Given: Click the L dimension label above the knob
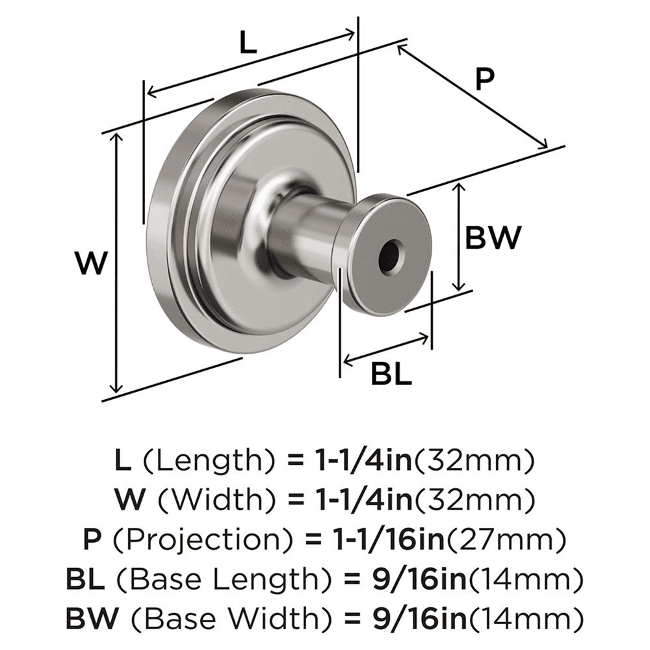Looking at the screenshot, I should coord(248,44).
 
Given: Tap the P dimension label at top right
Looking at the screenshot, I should coord(484,80).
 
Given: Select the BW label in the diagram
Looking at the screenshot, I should coord(493,238).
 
